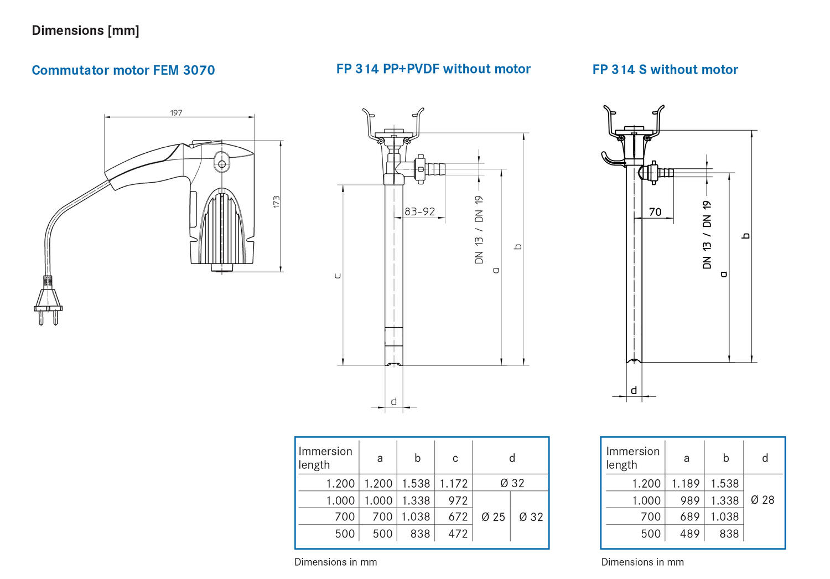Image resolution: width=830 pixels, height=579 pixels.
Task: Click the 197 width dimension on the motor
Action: coord(176,113)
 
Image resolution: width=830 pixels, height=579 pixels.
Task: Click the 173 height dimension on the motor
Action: coord(276,202)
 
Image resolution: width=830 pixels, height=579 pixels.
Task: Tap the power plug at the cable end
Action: coord(48,304)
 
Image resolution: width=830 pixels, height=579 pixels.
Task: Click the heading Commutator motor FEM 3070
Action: coord(123,70)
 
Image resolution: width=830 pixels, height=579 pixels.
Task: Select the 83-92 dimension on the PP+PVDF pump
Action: coord(419,211)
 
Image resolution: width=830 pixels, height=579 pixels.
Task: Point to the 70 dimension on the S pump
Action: coord(655,212)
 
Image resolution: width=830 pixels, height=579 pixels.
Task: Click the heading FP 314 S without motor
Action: coord(665,70)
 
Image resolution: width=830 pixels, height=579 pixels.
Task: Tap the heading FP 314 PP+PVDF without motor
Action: coord(433,69)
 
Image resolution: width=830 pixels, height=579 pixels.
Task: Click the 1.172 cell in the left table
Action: coord(454,483)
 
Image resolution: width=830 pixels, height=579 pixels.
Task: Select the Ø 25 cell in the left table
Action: coord(493,517)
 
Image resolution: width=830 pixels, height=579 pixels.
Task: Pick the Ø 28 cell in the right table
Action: coord(762,500)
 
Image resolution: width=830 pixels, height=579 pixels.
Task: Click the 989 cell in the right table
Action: coord(690,500)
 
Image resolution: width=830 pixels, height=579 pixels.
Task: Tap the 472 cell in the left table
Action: coord(458,534)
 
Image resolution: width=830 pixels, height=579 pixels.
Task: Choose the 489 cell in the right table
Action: coord(690,534)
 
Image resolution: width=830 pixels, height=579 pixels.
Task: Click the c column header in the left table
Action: coord(455,458)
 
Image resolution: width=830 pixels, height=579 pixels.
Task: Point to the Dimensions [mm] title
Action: coord(86,30)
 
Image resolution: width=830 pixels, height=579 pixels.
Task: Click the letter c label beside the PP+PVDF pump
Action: coord(338,276)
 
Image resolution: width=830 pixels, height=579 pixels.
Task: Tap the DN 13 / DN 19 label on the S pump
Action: coord(707,235)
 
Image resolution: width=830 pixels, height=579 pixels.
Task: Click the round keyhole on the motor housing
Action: coord(222,164)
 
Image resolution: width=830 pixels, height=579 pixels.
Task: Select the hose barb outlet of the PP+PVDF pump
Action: coord(434,167)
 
